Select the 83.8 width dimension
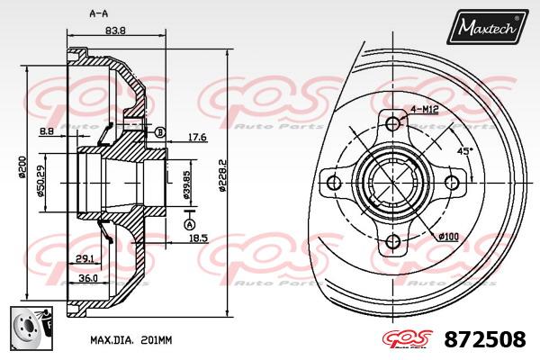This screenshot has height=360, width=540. point(114,31)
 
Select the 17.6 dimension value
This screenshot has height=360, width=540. point(197,137)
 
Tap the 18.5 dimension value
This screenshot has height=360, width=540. point(199,238)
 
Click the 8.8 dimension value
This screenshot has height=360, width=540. point(47,132)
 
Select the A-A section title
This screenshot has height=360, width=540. point(99,13)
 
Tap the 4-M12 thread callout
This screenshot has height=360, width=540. point(424,109)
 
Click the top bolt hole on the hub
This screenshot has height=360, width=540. point(392,124)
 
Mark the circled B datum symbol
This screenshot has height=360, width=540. point(160,132)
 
